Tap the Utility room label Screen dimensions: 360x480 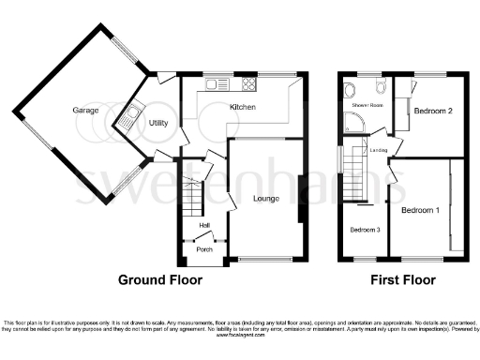[157, 123]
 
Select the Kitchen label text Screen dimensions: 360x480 [243, 108]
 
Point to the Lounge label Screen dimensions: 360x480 [266, 198]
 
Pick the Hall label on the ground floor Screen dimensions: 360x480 [203, 225]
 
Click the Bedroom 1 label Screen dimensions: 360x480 [420, 211]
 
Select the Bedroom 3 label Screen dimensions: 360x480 [366, 230]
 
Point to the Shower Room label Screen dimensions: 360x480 [368, 106]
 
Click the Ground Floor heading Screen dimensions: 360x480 [163, 280]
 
